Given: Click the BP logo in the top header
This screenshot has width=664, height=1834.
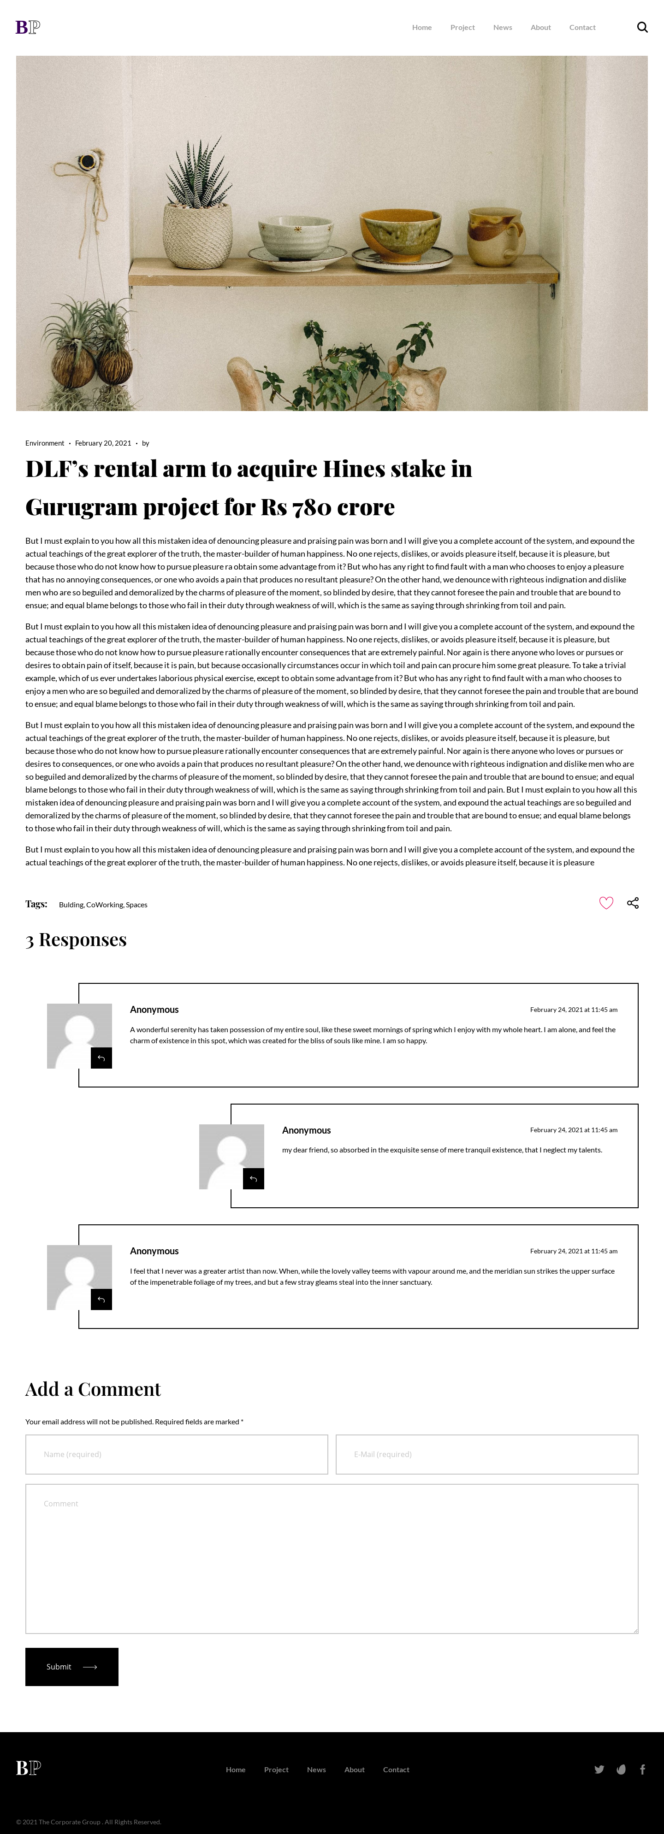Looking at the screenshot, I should tap(28, 27).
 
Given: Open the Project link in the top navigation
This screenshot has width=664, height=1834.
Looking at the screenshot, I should tap(462, 28).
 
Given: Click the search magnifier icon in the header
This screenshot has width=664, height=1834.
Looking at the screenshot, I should tap(642, 28).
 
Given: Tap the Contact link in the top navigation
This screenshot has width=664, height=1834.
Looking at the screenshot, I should tap(582, 28).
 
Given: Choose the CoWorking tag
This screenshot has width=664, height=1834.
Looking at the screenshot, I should tap(104, 905).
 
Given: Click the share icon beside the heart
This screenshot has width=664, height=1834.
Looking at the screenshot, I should tap(633, 903).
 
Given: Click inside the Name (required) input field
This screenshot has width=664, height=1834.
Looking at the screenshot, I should tap(177, 1454).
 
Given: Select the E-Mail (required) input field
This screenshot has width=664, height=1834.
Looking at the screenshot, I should tap(486, 1454).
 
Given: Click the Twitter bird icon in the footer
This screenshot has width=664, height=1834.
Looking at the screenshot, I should tap(599, 1769).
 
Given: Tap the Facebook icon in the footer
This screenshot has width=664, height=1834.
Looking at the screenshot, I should tap(643, 1769).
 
